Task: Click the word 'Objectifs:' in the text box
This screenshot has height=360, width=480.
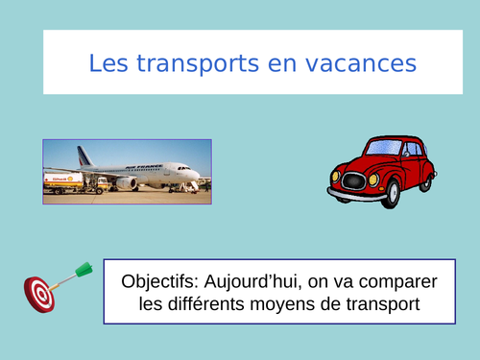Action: click(x=159, y=283)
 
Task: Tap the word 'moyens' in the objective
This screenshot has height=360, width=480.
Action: click(x=287, y=307)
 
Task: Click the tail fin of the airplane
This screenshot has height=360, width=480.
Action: click(x=85, y=156)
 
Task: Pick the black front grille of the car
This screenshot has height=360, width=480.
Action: click(x=351, y=180)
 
